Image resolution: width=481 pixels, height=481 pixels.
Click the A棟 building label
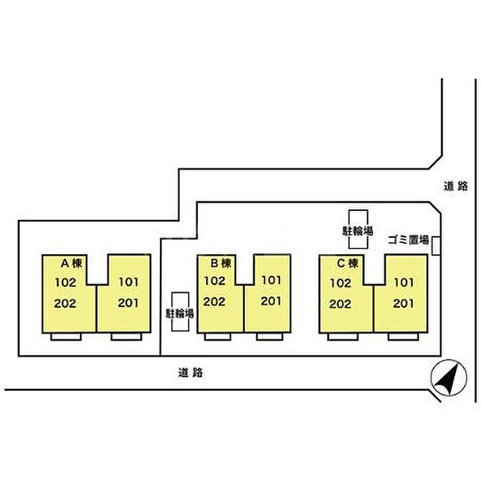(71, 263)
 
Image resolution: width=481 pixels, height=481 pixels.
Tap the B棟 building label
(221, 263)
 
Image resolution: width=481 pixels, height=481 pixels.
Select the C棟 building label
(348, 263)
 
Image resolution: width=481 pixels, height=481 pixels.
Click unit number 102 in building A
(65, 282)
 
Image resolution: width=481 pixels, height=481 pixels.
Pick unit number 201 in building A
(128, 303)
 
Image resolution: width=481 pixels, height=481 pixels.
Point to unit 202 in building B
(214, 302)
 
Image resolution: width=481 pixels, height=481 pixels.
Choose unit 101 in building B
(271, 280)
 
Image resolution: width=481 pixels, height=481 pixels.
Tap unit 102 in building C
(341, 283)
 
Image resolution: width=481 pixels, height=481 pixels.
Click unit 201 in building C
(403, 304)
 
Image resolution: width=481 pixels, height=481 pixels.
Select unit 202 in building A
(65, 304)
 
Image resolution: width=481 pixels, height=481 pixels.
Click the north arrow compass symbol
(449, 378)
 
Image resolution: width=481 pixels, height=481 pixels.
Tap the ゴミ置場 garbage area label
(409, 240)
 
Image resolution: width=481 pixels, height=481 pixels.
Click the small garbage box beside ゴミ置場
(436, 246)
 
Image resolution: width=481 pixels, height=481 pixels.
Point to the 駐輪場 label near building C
(358, 231)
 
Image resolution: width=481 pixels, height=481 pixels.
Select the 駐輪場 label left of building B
(180, 313)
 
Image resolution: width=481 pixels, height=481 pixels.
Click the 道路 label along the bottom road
(190, 372)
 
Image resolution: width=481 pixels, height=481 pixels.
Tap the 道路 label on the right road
(456, 186)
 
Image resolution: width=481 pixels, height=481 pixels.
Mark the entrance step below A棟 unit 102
(66, 337)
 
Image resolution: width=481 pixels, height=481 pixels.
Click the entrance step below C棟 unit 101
(403, 337)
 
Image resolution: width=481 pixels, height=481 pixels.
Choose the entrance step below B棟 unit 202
(218, 337)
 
